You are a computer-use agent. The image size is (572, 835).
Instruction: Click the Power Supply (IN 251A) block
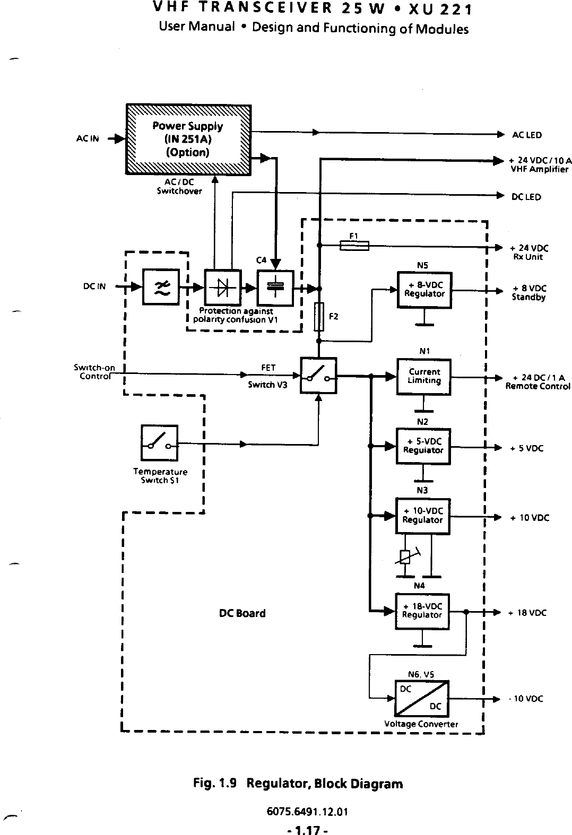click(x=188, y=139)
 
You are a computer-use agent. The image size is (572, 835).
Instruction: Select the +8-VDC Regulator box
click(x=424, y=290)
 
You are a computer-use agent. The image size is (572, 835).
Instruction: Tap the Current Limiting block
click(x=424, y=377)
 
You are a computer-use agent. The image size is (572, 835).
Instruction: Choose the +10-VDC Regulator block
click(x=423, y=516)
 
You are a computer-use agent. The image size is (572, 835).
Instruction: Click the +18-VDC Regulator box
click(x=422, y=611)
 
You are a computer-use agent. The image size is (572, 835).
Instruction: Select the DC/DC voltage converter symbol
click(x=422, y=698)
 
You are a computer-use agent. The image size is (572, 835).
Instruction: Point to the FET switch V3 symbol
click(x=318, y=376)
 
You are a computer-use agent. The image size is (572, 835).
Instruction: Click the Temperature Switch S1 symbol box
click(x=159, y=443)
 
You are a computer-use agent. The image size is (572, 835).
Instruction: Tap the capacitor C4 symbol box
click(x=275, y=288)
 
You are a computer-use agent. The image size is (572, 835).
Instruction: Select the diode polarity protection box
click(x=223, y=288)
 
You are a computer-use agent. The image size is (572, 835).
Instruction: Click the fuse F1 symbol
click(x=354, y=245)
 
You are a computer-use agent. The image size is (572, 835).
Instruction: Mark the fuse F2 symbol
click(x=319, y=317)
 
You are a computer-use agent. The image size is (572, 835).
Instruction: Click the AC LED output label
click(x=526, y=135)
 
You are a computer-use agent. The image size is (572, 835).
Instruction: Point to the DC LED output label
click(x=526, y=197)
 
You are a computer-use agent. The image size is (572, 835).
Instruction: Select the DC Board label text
click(x=242, y=613)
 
